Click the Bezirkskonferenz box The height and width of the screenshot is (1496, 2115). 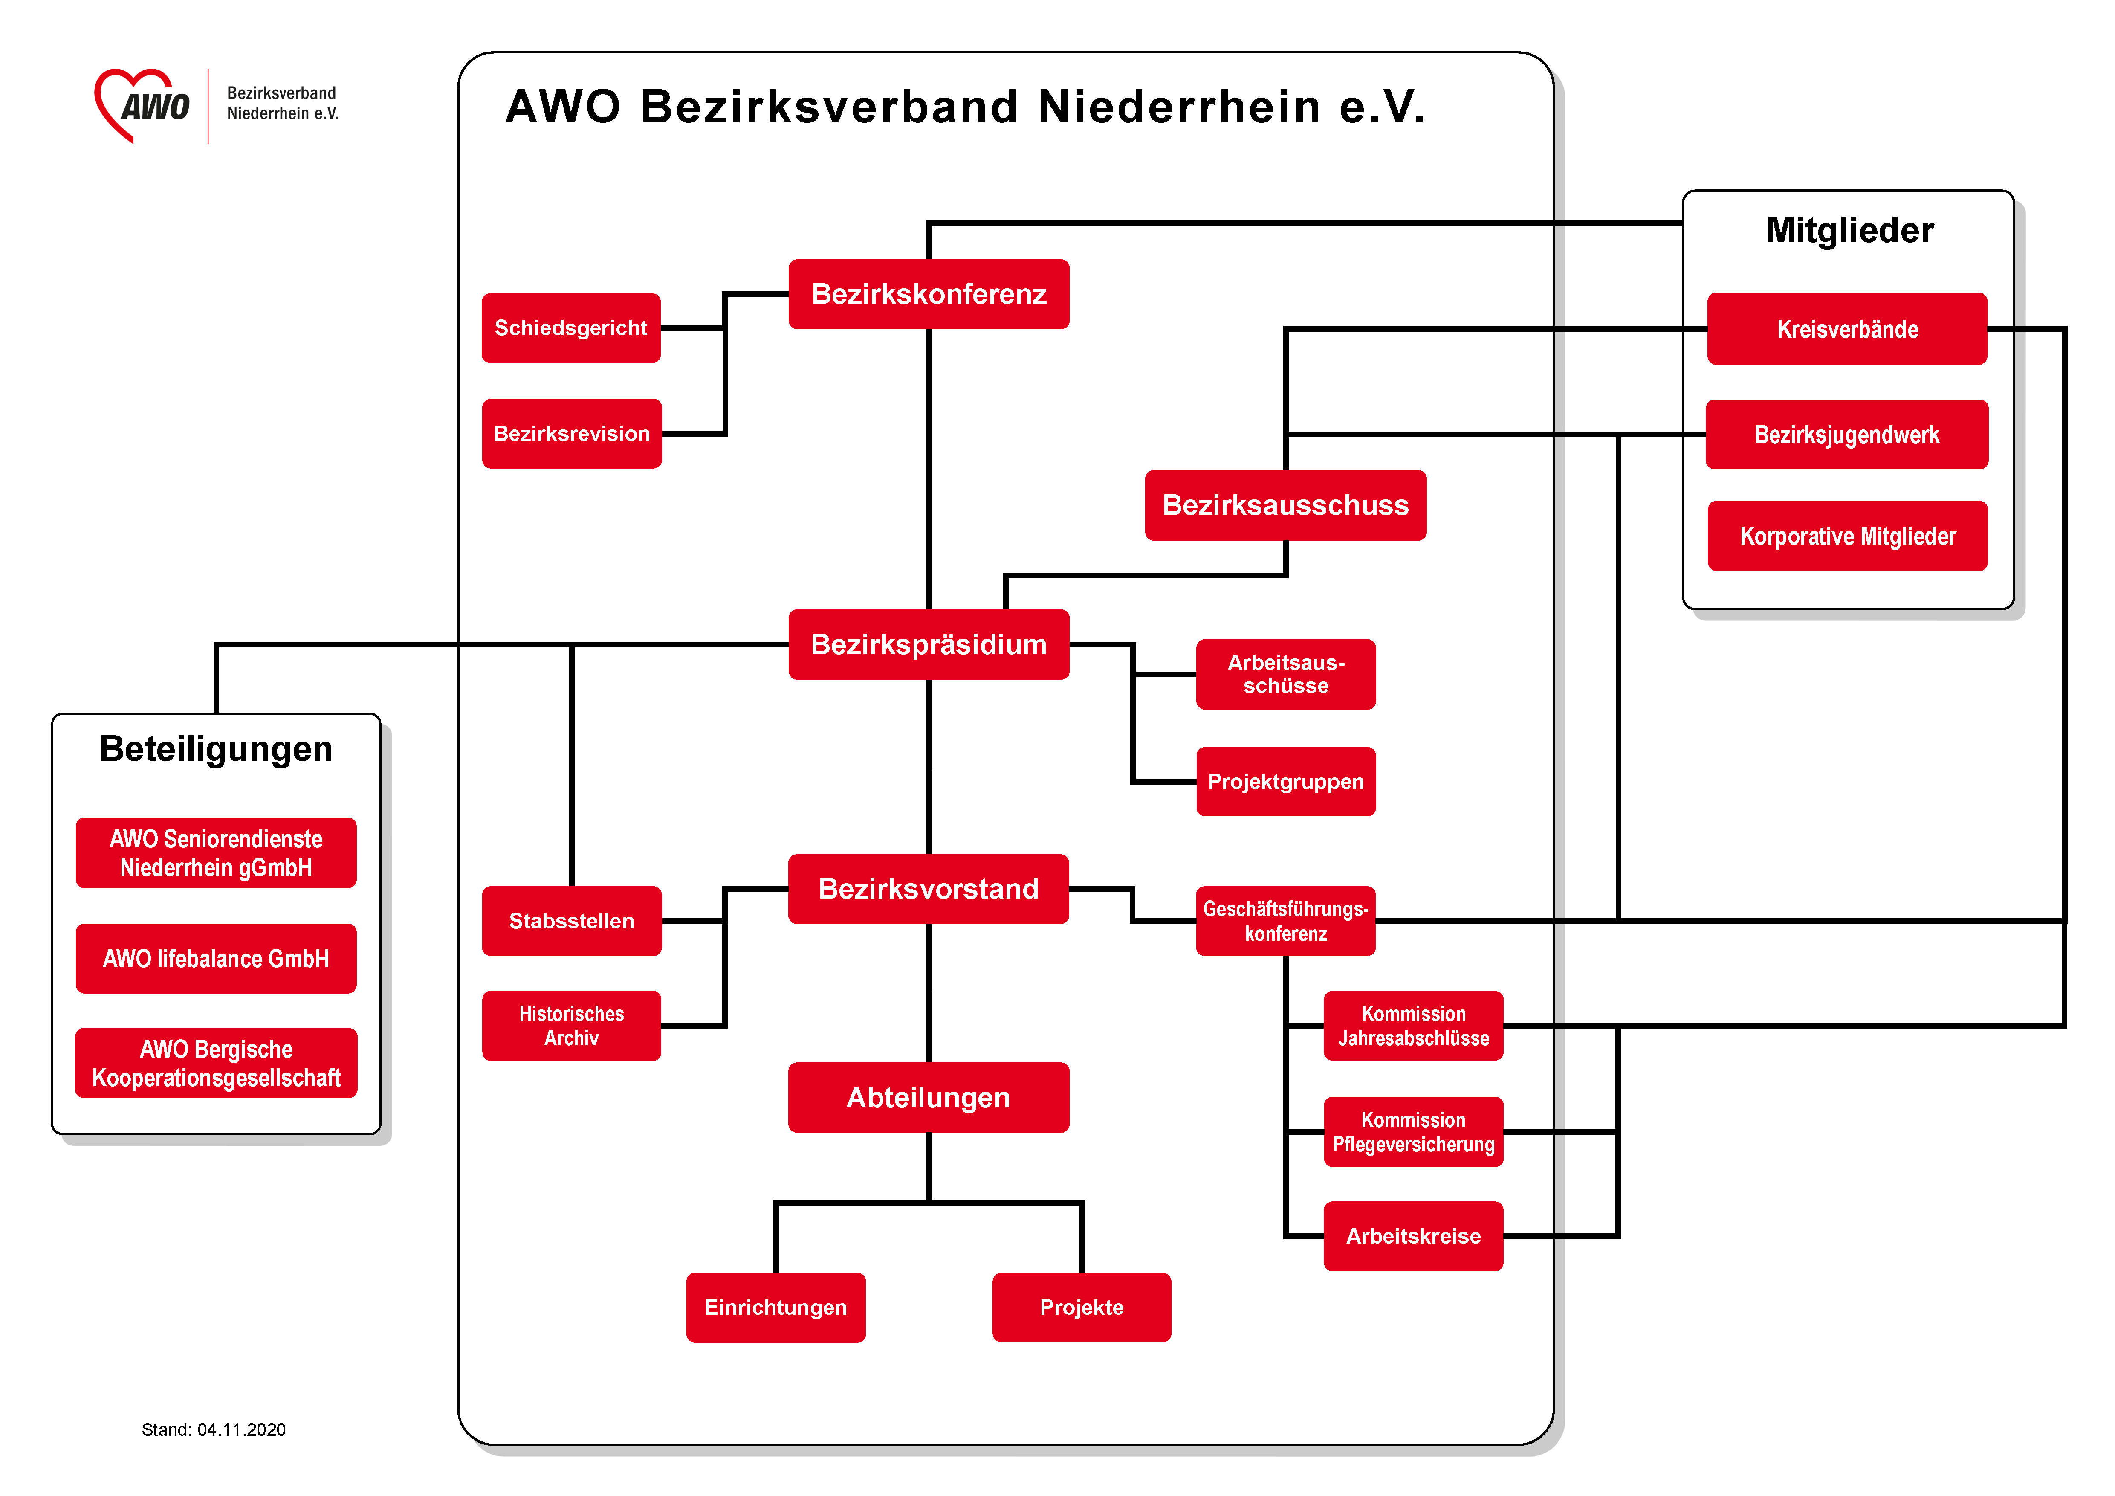click(929, 294)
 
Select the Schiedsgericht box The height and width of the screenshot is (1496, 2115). click(571, 328)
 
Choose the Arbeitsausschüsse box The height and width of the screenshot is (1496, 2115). click(1286, 674)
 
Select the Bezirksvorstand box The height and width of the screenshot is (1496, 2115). click(929, 889)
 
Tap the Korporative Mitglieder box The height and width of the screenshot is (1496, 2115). click(1848, 536)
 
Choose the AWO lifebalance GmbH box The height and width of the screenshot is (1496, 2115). click(217, 959)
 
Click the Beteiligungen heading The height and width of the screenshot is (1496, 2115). click(217, 749)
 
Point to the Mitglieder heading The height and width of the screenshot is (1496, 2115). click(1850, 230)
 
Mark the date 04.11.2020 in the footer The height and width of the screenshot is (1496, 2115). click(241, 1429)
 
